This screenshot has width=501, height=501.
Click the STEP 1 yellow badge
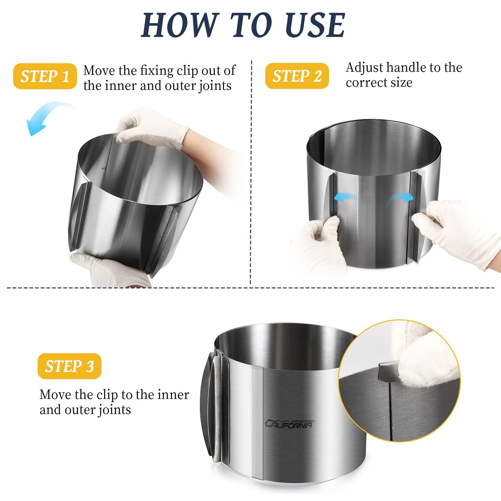point(45,76)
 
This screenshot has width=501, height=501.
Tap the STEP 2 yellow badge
point(297,76)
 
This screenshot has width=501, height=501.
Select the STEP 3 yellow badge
point(69,366)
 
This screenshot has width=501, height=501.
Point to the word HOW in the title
point(180,25)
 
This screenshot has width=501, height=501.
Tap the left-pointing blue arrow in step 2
point(347,198)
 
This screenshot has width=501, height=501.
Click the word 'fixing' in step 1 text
point(156,71)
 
